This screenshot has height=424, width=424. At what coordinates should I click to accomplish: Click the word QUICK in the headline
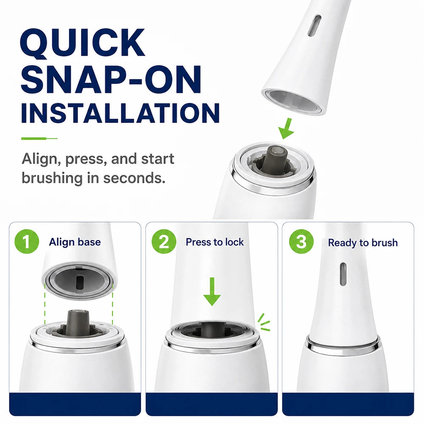pos(83,43)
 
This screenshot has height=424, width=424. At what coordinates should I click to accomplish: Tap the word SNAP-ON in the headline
pos(111,79)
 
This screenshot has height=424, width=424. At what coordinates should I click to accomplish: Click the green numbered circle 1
pos(26,242)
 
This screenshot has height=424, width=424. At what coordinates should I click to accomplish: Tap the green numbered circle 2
pos(164,242)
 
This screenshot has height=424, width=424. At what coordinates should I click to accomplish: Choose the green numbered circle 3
pos(301,242)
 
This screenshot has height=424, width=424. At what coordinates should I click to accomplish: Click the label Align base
pos(75,242)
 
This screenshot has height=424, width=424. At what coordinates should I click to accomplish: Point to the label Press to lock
pos(215,242)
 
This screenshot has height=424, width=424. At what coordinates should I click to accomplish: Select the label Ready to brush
pos(363,243)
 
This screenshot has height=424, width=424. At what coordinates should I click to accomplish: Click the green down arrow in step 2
pos(212,292)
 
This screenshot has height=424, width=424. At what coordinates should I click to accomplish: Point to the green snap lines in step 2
pos(264,322)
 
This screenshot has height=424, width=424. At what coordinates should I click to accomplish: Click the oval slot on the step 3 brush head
pos(343,273)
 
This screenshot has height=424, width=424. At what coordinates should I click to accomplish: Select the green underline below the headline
pos(39,139)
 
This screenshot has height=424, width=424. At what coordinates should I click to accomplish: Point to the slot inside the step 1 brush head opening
pos(80,282)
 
